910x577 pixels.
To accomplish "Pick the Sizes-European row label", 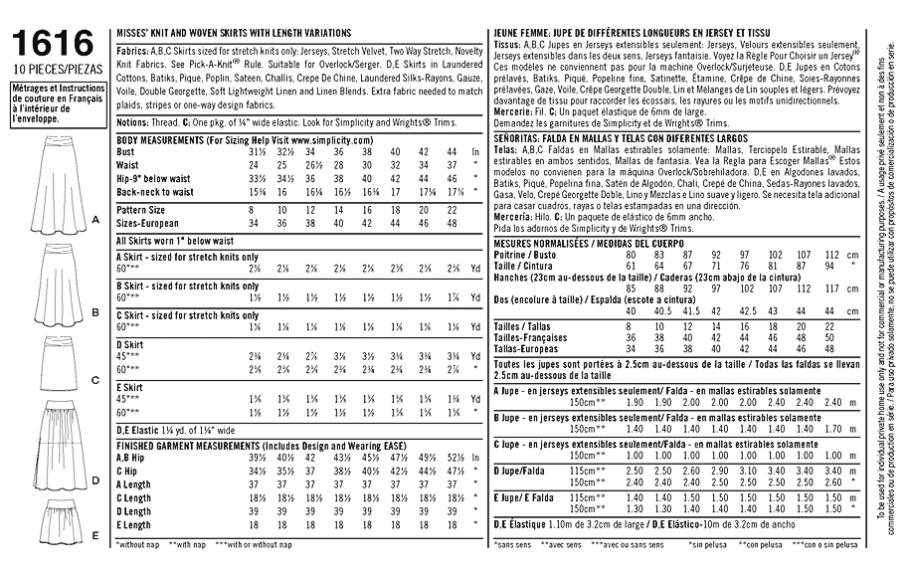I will coord(148,224).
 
